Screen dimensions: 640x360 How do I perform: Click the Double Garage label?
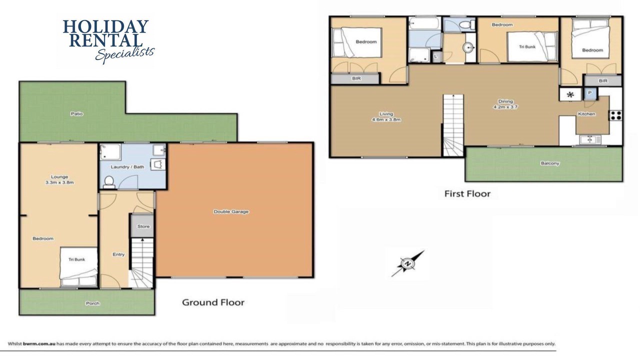[x=231, y=211]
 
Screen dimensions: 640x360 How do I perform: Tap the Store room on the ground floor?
[x=142, y=225]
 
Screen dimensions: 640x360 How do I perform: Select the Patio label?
[x=76, y=113]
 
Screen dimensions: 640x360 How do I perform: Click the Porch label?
[x=92, y=303]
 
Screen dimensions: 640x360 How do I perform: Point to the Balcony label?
[x=550, y=163]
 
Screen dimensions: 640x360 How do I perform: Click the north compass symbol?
[x=407, y=263]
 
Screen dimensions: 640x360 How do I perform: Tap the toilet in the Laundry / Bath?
[x=108, y=182]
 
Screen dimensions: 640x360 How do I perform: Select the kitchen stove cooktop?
[x=615, y=115]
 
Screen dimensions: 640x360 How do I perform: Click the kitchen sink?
[x=590, y=139]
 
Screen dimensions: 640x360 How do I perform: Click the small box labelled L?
[x=435, y=56]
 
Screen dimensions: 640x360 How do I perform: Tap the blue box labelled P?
[x=590, y=93]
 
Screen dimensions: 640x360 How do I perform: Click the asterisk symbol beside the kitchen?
[x=570, y=94]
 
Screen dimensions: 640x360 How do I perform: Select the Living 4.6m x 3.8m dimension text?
[x=386, y=117]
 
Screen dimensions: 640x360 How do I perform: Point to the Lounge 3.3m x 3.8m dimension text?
[x=59, y=179]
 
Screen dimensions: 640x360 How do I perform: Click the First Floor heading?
[x=467, y=193]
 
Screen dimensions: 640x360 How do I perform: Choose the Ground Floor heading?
[x=213, y=302]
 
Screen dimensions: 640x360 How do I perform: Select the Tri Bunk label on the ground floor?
[x=76, y=259]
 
